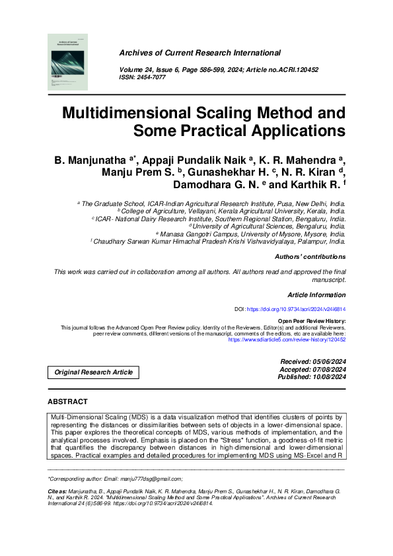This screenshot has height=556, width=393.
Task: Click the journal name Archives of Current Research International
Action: click(x=199, y=53)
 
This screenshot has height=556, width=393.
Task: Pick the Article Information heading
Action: click(x=316, y=295)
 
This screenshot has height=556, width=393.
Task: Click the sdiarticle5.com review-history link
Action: click(x=286, y=339)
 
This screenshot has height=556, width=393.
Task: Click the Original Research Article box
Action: click(x=93, y=372)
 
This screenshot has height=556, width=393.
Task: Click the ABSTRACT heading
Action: click(x=67, y=401)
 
